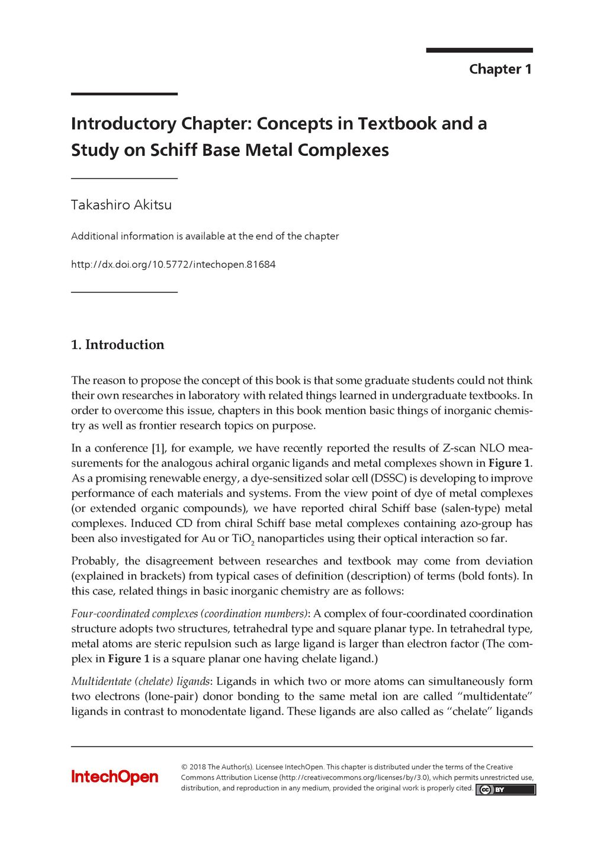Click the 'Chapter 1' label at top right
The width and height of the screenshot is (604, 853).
click(500, 69)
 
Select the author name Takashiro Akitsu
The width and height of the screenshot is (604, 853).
click(121, 205)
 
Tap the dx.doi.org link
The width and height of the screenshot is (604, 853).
click(173, 264)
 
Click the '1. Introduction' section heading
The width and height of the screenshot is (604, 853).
click(117, 345)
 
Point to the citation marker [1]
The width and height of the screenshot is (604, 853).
click(158, 448)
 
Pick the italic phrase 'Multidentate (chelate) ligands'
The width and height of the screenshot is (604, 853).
click(140, 681)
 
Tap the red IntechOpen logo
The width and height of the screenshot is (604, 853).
click(115, 777)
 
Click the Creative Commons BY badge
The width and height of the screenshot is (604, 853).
click(505, 790)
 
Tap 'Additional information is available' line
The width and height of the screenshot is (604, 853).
click(204, 236)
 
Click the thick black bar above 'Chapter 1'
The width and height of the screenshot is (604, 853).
click(479, 50)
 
